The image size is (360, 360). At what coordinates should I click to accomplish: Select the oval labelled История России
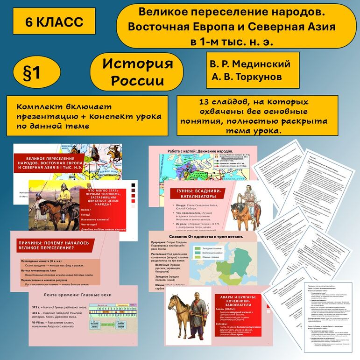(137, 71)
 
